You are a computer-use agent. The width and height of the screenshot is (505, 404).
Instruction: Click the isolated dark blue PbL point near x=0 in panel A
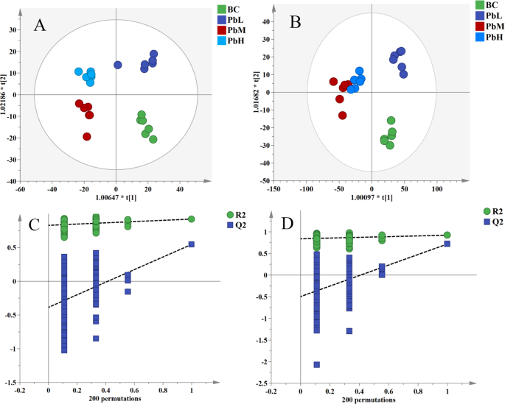pyautogui.click(x=118, y=65)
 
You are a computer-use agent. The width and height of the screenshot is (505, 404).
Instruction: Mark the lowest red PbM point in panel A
pyautogui.click(x=87, y=136)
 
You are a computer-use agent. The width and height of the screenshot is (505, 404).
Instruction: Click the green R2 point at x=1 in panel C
pyautogui.click(x=192, y=219)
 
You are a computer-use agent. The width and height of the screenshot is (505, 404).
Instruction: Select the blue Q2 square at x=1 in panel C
pyautogui.click(x=192, y=244)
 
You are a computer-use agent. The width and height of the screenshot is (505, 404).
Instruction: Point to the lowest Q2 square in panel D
pyautogui.click(x=316, y=364)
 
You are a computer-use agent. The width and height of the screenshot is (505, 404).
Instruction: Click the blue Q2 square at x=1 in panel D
pyautogui.click(x=447, y=244)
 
